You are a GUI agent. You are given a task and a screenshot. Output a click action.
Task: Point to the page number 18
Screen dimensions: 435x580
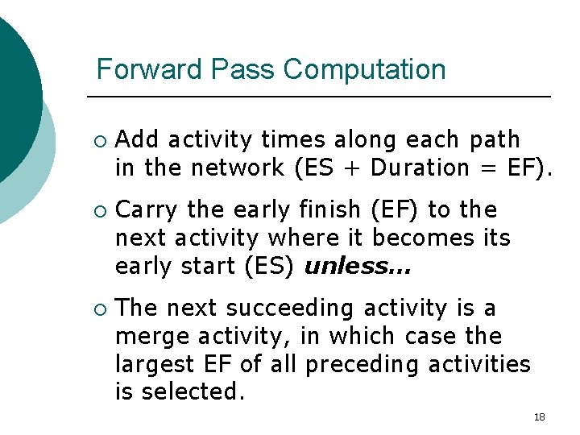coord(539,416)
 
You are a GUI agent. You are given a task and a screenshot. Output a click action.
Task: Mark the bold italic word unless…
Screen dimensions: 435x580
coord(357,267)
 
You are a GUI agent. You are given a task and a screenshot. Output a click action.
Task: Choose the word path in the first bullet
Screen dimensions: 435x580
coord(495,140)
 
